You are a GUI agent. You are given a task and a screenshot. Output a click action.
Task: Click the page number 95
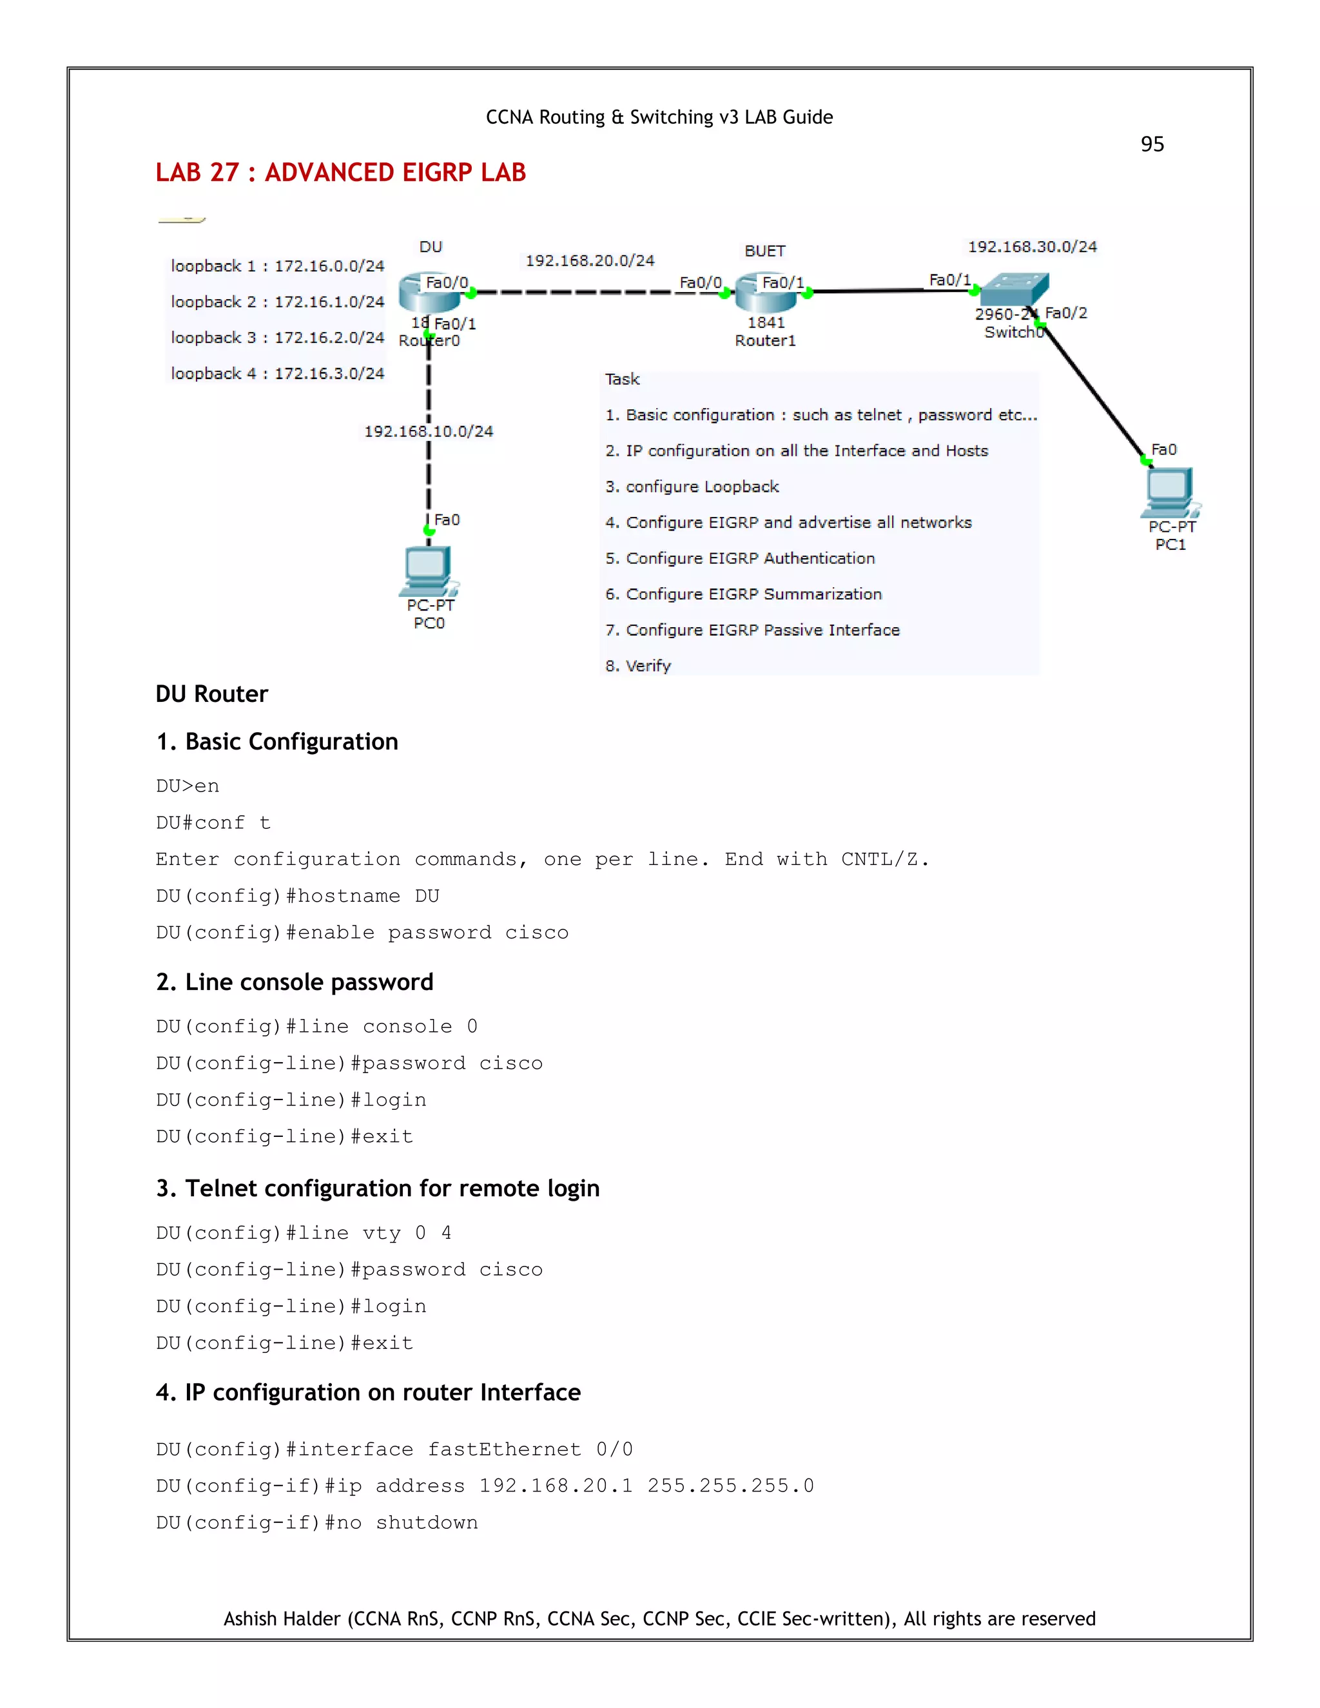click(x=1152, y=144)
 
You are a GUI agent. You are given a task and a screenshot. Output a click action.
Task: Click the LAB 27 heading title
click(x=340, y=173)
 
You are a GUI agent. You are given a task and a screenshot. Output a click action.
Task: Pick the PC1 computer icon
click(x=1170, y=492)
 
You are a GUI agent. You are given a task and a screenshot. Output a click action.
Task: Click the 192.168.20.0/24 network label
click(x=590, y=260)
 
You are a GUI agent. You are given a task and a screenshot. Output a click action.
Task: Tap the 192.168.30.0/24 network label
click(x=1033, y=247)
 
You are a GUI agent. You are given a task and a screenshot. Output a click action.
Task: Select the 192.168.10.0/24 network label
click(x=429, y=432)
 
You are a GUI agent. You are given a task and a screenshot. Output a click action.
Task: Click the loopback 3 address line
click(x=278, y=338)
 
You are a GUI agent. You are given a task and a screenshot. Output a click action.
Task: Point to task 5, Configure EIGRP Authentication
click(x=740, y=558)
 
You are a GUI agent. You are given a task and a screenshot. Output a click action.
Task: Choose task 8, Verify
click(x=638, y=666)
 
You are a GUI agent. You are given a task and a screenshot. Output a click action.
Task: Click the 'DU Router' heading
click(x=212, y=694)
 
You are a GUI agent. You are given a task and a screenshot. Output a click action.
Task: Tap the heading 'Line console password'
click(x=295, y=982)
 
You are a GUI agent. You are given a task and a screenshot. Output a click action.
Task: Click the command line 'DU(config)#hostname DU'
click(x=297, y=897)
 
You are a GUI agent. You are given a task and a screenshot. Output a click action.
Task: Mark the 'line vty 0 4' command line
click(x=304, y=1233)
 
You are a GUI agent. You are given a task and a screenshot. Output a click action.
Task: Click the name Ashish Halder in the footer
click(x=282, y=1618)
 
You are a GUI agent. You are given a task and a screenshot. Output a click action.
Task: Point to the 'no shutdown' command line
click(x=316, y=1522)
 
